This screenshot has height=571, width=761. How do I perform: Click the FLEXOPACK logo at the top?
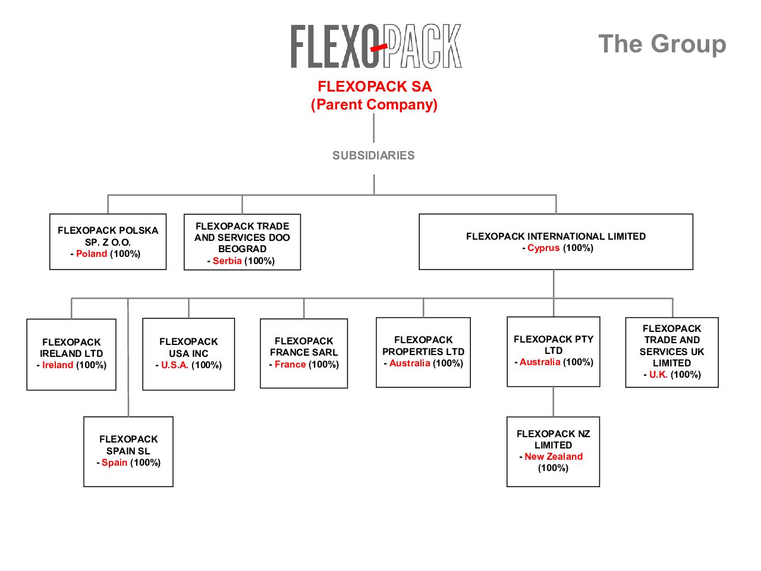[376, 46]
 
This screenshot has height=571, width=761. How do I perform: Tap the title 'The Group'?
[662, 44]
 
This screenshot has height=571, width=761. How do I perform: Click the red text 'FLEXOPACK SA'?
[375, 87]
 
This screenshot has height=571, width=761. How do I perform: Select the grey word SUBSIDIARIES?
[373, 156]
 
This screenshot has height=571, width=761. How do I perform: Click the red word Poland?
[92, 254]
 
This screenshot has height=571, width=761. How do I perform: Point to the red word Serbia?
[227, 261]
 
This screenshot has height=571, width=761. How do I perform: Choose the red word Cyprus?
[543, 248]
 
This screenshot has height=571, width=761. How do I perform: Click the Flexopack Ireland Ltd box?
[71, 354]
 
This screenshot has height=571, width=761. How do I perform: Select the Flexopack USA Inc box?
[188, 354]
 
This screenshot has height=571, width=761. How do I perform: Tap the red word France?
[290, 365]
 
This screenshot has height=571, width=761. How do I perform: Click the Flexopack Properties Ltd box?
[423, 352]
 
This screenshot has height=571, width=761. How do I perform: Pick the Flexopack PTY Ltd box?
[553, 351]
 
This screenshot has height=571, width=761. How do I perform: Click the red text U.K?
[658, 375]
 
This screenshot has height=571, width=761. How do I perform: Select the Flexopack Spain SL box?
[128, 451]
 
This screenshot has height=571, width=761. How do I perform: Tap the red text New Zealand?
[554, 457]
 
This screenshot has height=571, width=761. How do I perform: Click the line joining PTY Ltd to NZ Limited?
[554, 401]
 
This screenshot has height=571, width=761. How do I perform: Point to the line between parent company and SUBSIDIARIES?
[374, 127]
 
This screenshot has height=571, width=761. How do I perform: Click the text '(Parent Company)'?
[375, 105]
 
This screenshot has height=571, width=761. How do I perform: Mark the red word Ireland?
[58, 365]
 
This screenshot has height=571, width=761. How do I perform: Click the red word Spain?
[114, 463]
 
